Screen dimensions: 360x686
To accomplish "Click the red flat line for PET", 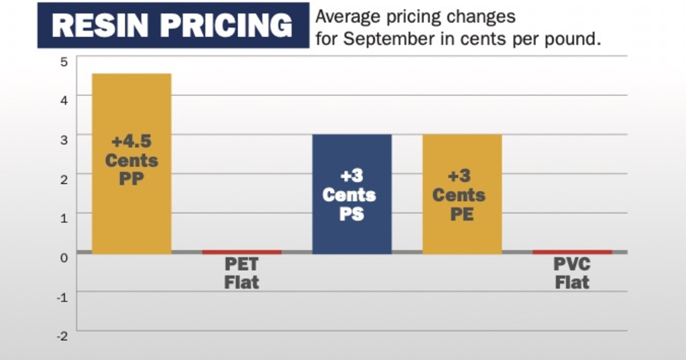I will (242, 252).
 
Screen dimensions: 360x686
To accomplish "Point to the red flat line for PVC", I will (572, 252).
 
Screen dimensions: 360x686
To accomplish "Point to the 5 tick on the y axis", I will (63, 62).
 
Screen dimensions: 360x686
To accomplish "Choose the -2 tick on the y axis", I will (63, 336).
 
